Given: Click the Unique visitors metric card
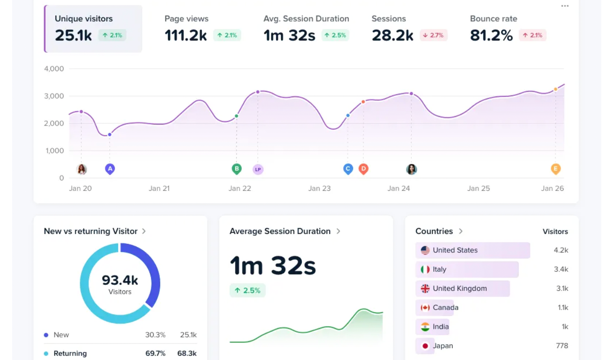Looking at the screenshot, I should pyautogui.click(x=93, y=29).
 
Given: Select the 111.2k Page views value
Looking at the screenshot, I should pyautogui.click(x=186, y=35).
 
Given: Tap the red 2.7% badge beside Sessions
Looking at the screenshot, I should pyautogui.click(x=434, y=35).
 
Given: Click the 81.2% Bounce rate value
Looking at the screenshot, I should pyautogui.click(x=491, y=35).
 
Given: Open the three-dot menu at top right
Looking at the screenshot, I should pyautogui.click(x=565, y=6).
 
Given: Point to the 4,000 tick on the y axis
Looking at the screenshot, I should pyautogui.click(x=54, y=69).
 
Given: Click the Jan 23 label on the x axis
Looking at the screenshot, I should pyautogui.click(x=319, y=189).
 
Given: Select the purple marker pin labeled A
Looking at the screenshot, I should pyautogui.click(x=109, y=169).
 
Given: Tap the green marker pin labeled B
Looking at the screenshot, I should pyautogui.click(x=236, y=169).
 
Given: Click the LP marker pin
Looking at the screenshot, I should pyautogui.click(x=258, y=169).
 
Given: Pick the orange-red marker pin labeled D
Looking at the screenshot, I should pyautogui.click(x=363, y=169).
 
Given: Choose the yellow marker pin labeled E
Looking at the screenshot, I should pyautogui.click(x=555, y=169).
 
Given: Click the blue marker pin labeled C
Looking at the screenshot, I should pyautogui.click(x=348, y=169).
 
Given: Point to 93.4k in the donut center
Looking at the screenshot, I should pyautogui.click(x=120, y=280).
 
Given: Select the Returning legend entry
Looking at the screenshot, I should pyautogui.click(x=70, y=353).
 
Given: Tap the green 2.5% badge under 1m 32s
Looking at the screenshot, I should pyautogui.click(x=248, y=290).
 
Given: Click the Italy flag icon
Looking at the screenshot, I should pyautogui.click(x=425, y=270).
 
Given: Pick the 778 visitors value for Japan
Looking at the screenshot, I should pyautogui.click(x=562, y=346).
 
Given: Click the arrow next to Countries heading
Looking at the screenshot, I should pyautogui.click(x=461, y=231).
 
